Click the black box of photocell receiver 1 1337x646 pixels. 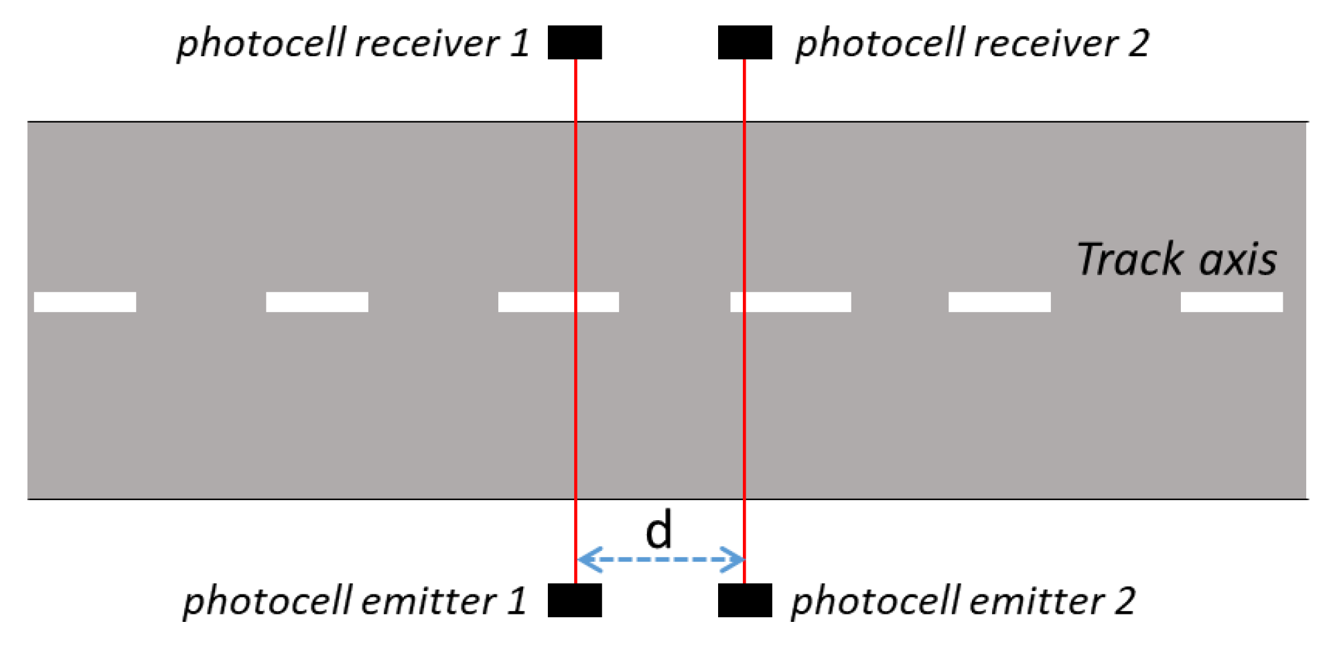tap(574, 42)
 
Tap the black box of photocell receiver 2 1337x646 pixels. tap(744, 42)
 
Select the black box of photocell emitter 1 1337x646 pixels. tap(574, 600)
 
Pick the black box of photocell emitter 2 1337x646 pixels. tap(744, 600)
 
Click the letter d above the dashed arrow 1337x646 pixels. tap(658, 530)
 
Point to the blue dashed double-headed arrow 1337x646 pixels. tap(660, 559)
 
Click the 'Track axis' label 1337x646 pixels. tap(1176, 259)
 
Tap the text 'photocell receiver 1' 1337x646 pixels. tap(353, 44)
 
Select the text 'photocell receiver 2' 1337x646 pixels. tap(972, 44)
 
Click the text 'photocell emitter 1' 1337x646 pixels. tap(354, 600)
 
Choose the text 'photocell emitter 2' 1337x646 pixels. tap(963, 600)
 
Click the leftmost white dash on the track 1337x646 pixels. tap(85, 302)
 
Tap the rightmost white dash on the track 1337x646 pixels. tap(1231, 302)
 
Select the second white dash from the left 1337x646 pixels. tap(317, 302)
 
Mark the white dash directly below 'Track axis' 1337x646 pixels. tap(1231, 302)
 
